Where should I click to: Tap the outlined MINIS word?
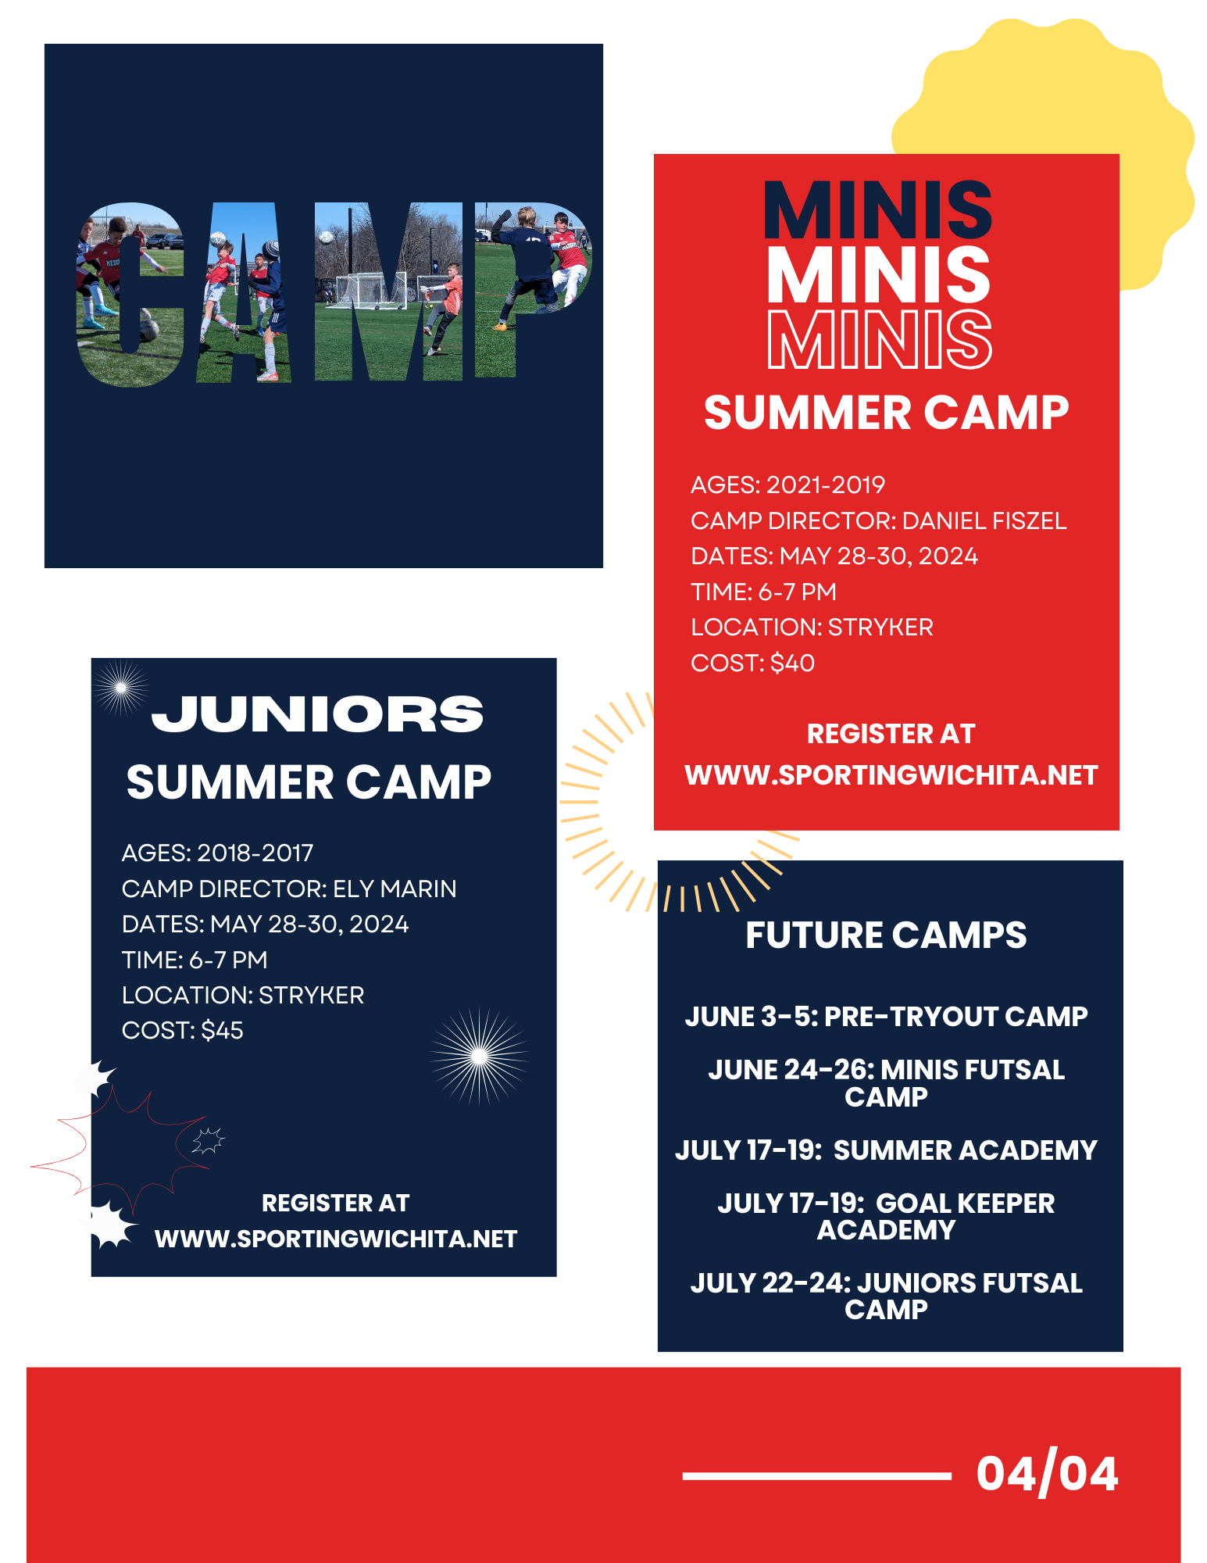click(880, 340)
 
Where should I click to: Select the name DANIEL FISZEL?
click(984, 520)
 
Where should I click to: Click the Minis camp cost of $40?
click(792, 663)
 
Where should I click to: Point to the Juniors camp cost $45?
click(222, 1030)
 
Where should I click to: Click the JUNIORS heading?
click(317, 714)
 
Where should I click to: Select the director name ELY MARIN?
click(395, 889)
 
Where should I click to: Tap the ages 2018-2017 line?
click(217, 853)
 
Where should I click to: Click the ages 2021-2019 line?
click(787, 485)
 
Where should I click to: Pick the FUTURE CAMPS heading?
click(886, 935)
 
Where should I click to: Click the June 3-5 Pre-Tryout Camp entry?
click(886, 1016)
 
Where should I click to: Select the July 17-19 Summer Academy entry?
click(886, 1150)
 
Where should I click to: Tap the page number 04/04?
click(1047, 1474)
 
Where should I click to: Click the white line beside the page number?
click(816, 1476)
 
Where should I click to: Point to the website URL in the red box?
click(891, 775)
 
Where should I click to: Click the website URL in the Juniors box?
click(336, 1239)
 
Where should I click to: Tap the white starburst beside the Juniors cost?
click(479, 1057)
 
